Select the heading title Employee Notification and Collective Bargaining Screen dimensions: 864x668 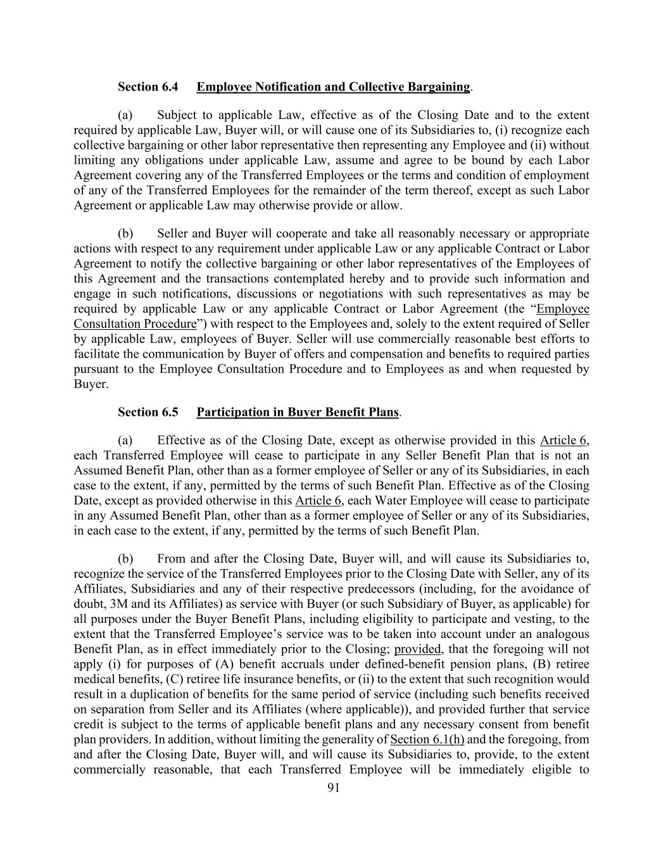(x=333, y=87)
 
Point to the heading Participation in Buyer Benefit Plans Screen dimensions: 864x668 (x=298, y=412)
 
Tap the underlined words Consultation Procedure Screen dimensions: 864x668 (x=135, y=324)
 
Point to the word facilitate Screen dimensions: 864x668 (x=97, y=354)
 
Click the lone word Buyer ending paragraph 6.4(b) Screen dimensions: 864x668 (x=89, y=384)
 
